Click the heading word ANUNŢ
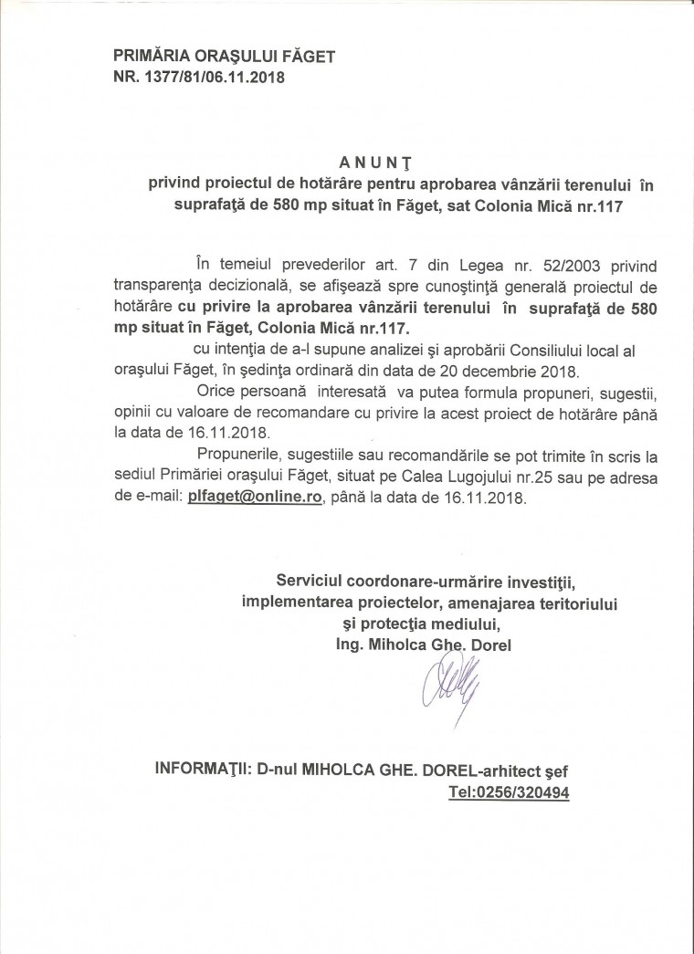click(377, 162)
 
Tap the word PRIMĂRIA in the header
click(150, 58)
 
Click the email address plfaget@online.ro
click(255, 498)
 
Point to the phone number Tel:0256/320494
click(509, 793)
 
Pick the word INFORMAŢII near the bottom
click(203, 771)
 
